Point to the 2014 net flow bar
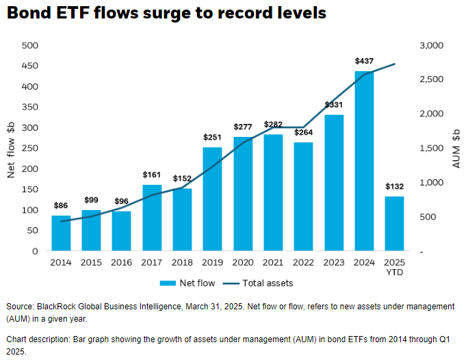[x=61, y=233]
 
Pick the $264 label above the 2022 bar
[x=304, y=133]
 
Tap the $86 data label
[x=61, y=205]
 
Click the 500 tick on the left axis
[x=29, y=45]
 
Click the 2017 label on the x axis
[x=152, y=262]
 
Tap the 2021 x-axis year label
[x=273, y=262]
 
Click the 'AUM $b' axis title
[x=454, y=149]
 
